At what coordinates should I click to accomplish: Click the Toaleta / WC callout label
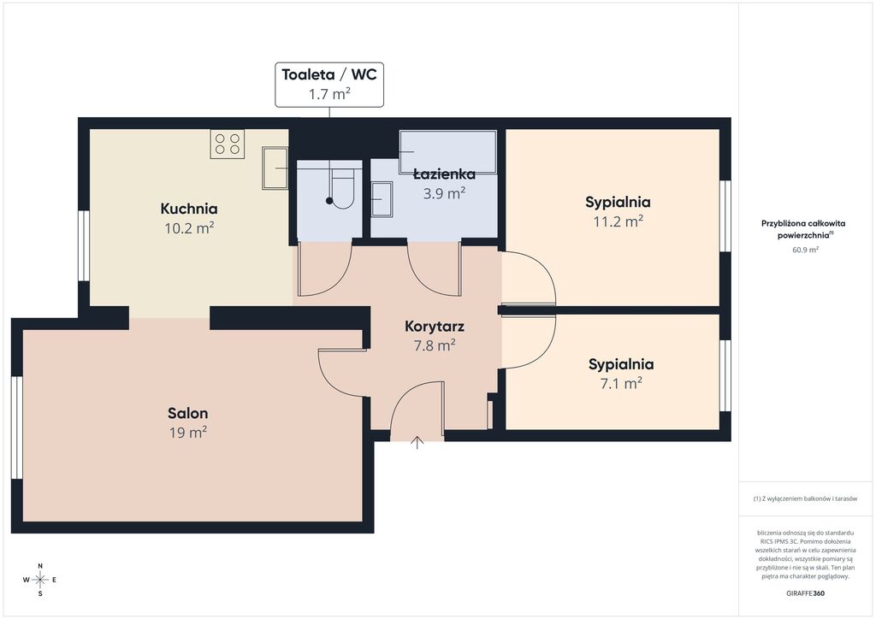pos(329,85)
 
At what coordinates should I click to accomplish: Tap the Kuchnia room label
pos(189,209)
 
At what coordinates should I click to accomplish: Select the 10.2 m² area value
pos(189,227)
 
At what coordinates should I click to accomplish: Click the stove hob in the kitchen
pos(228,144)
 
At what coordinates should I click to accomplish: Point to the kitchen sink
pos(275,168)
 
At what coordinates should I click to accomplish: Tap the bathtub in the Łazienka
pos(448,152)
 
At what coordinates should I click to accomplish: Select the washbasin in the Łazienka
pos(382,198)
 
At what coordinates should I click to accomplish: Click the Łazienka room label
pos(445,174)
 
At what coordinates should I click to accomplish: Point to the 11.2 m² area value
pos(618,221)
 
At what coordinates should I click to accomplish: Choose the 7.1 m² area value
pos(621,384)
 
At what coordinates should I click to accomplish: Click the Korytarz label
pos(435,327)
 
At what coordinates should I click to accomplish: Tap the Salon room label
pos(187,414)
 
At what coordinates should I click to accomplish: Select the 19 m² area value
pos(188,433)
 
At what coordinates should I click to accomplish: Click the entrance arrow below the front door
pos(417,442)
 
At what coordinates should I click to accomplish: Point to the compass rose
pos(40,580)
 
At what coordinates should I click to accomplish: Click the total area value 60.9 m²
pos(806,250)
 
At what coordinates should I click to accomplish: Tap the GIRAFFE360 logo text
pos(805,593)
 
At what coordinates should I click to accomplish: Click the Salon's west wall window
pos(17,427)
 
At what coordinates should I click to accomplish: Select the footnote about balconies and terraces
pos(805,498)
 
